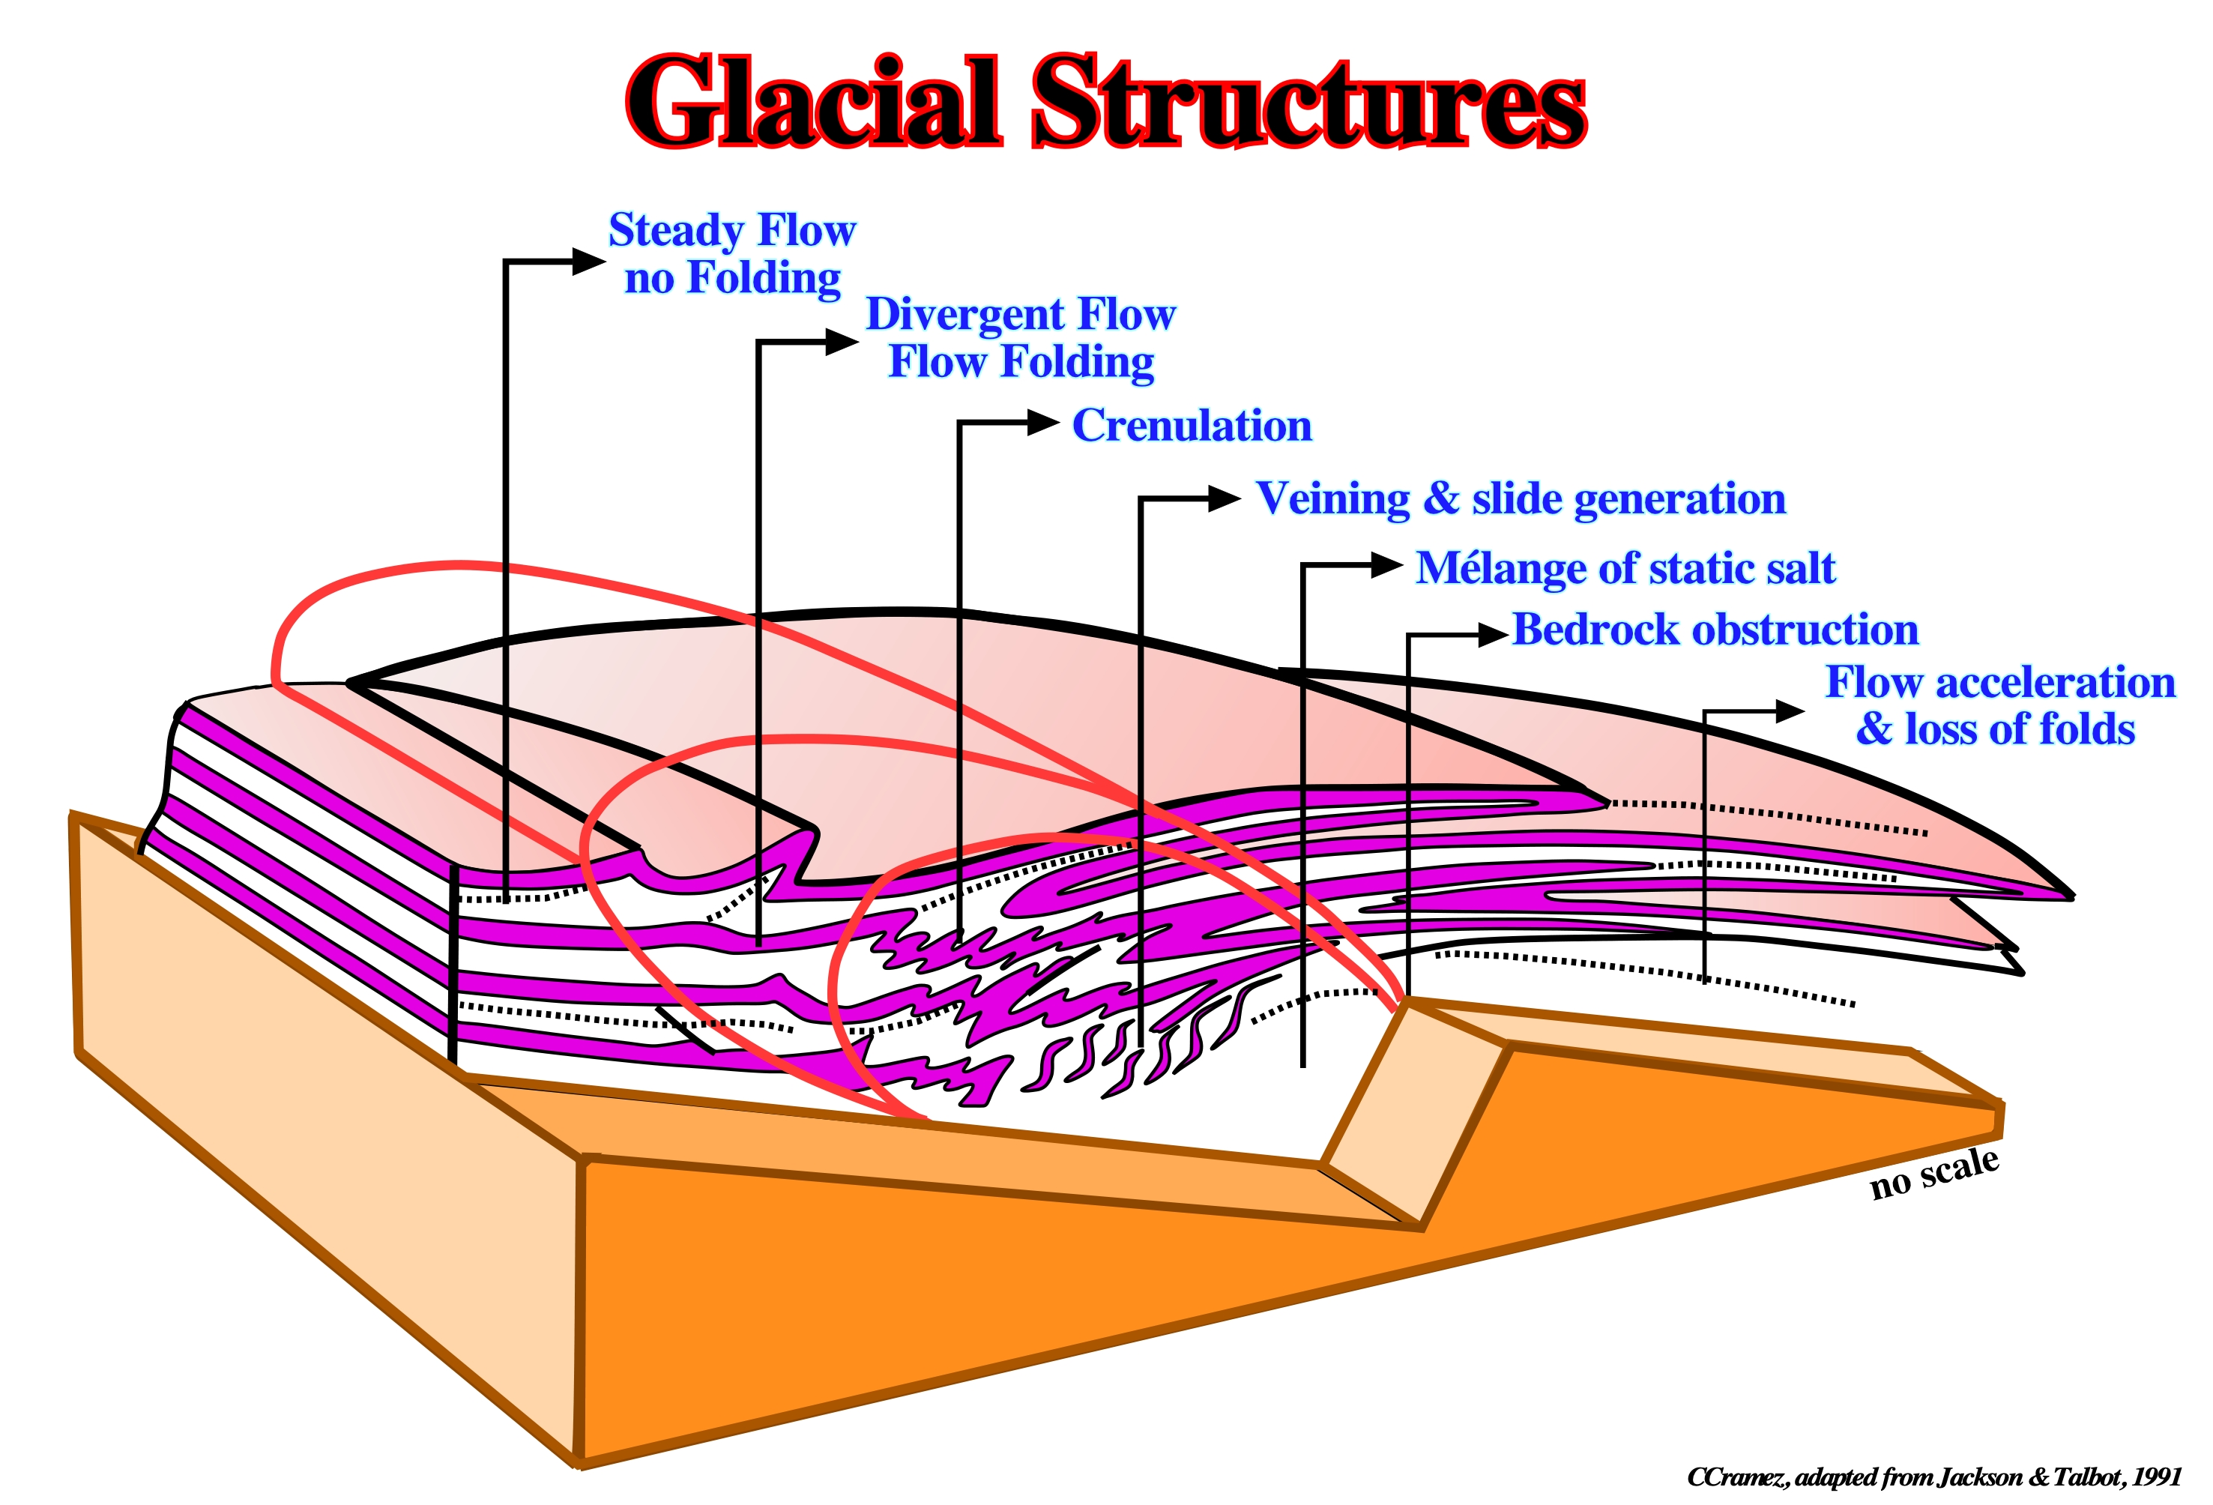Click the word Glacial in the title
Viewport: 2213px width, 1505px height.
click(815, 101)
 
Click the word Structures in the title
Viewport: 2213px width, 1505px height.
click(1310, 101)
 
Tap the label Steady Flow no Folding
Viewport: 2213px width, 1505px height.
click(732, 254)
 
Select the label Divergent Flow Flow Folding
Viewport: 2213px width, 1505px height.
click(1021, 339)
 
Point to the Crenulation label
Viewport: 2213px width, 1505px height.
click(1192, 426)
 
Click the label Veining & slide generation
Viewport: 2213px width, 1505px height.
click(1521, 499)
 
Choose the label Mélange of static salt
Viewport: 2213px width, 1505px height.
click(1625, 569)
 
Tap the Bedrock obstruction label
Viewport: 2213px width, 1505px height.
click(1715, 630)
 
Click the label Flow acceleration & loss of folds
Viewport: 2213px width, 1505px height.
click(1999, 706)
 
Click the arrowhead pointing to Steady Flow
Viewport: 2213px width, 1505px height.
click(588, 261)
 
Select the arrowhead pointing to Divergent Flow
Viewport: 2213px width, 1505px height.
click(842, 342)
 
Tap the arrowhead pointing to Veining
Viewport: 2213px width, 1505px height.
click(1225, 498)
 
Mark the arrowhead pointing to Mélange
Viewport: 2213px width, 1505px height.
click(1386, 566)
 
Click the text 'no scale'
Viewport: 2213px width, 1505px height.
click(1934, 1172)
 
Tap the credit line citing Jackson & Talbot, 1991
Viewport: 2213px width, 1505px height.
click(1933, 1477)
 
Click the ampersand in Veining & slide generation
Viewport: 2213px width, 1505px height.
click(1442, 498)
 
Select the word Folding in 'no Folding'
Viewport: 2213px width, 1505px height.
click(764, 279)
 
